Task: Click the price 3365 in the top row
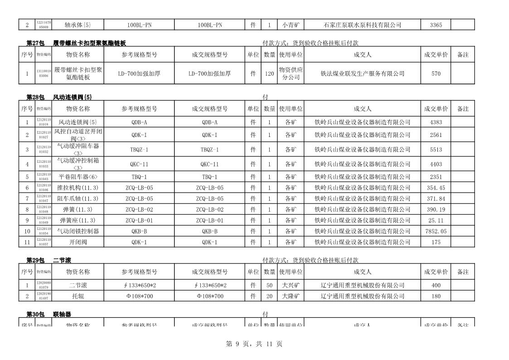(x=436, y=25)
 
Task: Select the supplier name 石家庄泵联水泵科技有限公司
(x=362, y=25)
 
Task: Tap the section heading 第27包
(x=35, y=44)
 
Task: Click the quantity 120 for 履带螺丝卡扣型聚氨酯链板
(x=269, y=73)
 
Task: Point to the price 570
(x=436, y=73)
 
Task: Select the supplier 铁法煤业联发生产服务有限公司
(x=362, y=73)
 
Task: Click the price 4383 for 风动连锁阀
(x=436, y=122)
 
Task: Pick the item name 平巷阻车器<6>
(x=78, y=177)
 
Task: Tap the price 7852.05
(x=436, y=231)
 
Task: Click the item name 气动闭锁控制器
(x=78, y=231)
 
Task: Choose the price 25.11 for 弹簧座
(x=436, y=220)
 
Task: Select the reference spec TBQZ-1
(x=139, y=150)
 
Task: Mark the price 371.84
(x=436, y=199)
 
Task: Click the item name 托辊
(x=78, y=297)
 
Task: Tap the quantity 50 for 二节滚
(x=269, y=286)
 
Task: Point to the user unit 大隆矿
(x=291, y=297)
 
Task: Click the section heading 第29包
(x=35, y=260)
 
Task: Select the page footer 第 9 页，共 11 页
(x=254, y=344)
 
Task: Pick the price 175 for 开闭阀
(x=436, y=242)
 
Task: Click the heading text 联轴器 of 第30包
(x=62, y=314)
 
